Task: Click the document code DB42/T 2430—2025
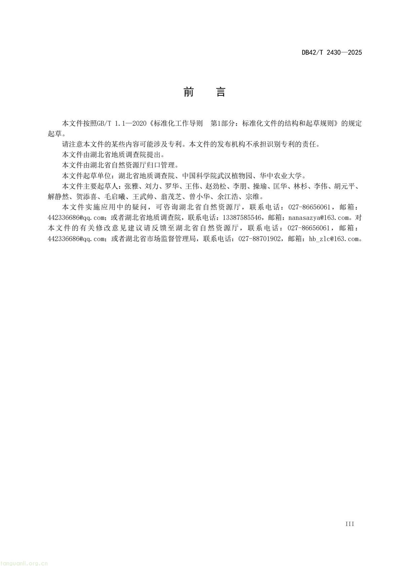pos(331,52)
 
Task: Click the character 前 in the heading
pos(189,92)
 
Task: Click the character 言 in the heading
pos(221,92)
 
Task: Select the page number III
pos(350,524)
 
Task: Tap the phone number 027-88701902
pos(259,239)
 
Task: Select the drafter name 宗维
pos(252,197)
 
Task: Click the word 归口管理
pos(162,165)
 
